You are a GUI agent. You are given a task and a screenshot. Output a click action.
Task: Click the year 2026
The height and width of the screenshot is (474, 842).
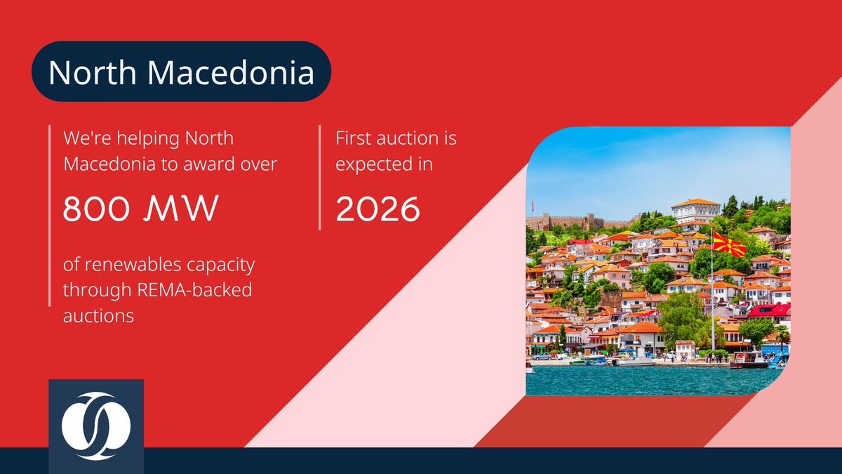pyautogui.click(x=377, y=209)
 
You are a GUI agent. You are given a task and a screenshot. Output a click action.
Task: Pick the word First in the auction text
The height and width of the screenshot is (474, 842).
pyautogui.click(x=355, y=138)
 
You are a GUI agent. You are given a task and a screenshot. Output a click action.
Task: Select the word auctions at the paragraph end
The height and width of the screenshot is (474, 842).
pyautogui.click(x=98, y=316)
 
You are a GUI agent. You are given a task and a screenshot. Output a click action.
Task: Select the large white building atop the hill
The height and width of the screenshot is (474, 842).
pyautogui.click(x=695, y=211)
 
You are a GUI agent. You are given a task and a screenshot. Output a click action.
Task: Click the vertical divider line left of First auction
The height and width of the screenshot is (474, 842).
pyautogui.click(x=320, y=178)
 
